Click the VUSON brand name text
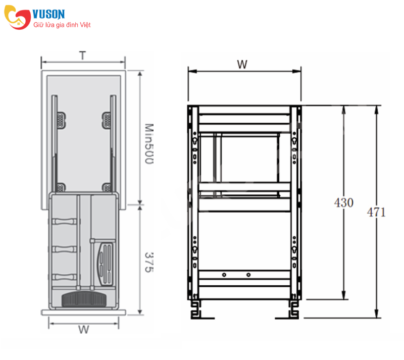(x=48, y=14)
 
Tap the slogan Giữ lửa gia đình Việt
(x=62, y=25)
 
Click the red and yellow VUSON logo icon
(x=17, y=17)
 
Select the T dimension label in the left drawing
(x=82, y=56)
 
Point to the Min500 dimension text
(x=149, y=143)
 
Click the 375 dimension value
(x=149, y=262)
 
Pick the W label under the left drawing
(x=84, y=330)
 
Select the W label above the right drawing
(x=242, y=65)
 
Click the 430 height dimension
(x=344, y=202)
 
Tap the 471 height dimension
(x=376, y=213)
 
